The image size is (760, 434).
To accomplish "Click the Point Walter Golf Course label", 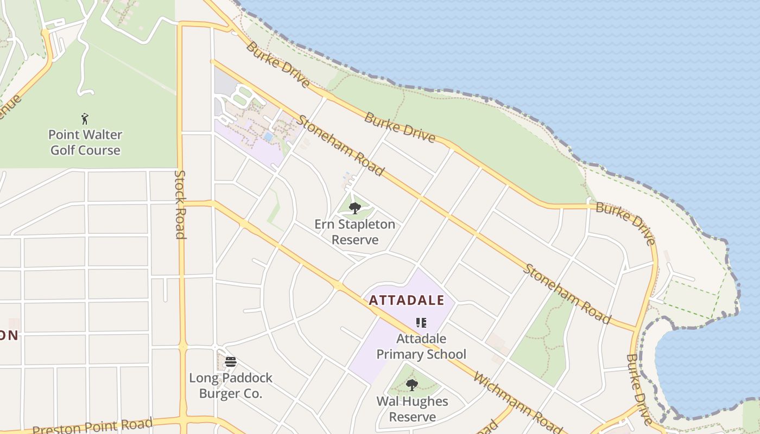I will [x=85, y=142].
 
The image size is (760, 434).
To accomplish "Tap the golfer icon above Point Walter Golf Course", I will [x=85, y=119].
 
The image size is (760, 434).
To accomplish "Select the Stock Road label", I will [x=180, y=205].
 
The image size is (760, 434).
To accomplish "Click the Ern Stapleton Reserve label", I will [x=354, y=232].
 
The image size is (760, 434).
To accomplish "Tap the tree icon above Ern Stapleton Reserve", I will [x=355, y=208].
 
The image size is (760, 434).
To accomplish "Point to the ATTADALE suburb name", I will [x=407, y=300].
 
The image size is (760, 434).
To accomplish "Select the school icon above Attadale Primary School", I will [x=421, y=323].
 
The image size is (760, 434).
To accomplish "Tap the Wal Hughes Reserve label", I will [x=413, y=409].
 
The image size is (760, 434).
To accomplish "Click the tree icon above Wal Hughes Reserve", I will [x=412, y=385].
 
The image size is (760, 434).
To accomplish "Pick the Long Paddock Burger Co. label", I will [x=231, y=385].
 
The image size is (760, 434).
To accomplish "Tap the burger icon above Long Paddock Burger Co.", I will [x=231, y=362].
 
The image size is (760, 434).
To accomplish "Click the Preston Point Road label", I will [x=92, y=426].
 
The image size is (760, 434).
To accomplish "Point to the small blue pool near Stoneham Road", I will [x=268, y=136].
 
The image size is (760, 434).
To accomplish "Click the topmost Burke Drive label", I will [x=278, y=65].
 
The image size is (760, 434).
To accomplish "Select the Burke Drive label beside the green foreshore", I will [x=400, y=127].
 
